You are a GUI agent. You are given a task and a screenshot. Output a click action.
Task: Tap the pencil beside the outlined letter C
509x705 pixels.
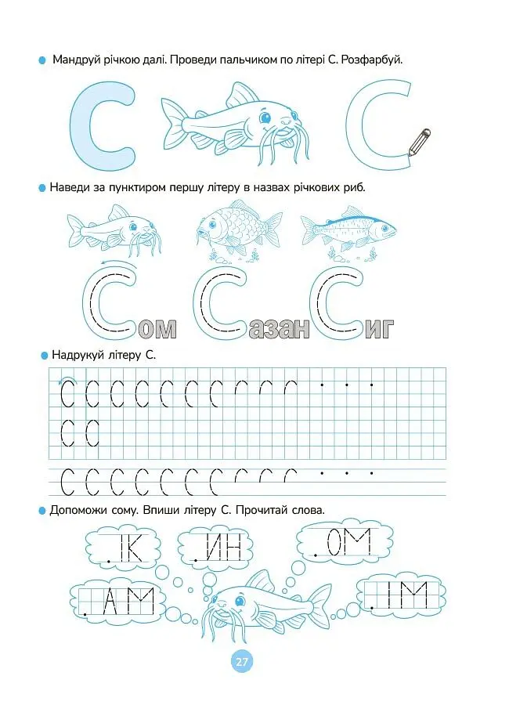click(419, 142)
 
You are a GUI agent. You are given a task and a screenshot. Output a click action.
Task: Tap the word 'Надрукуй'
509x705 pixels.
click(78, 355)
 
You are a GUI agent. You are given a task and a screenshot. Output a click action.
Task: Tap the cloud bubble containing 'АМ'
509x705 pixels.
click(119, 600)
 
